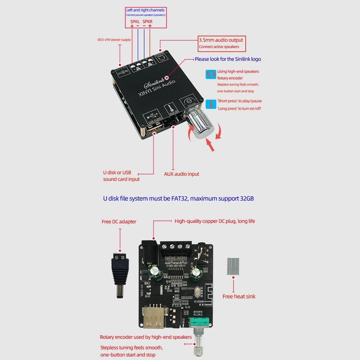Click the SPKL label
point(135,21)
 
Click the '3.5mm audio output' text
point(221,40)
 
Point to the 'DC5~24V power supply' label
point(114,40)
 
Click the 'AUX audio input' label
point(181,174)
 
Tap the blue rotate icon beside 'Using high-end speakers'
point(210,74)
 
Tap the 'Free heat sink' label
point(238,296)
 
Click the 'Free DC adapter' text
point(119,222)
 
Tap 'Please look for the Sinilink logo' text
point(228,59)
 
